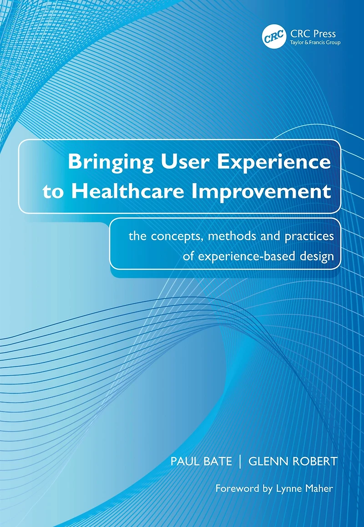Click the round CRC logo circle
(274, 36)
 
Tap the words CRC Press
(313, 34)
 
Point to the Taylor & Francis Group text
(315, 43)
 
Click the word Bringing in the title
(111, 162)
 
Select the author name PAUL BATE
(201, 461)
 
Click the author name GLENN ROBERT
(293, 461)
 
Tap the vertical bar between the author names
(240, 461)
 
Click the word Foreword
(238, 488)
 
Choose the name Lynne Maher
(304, 489)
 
